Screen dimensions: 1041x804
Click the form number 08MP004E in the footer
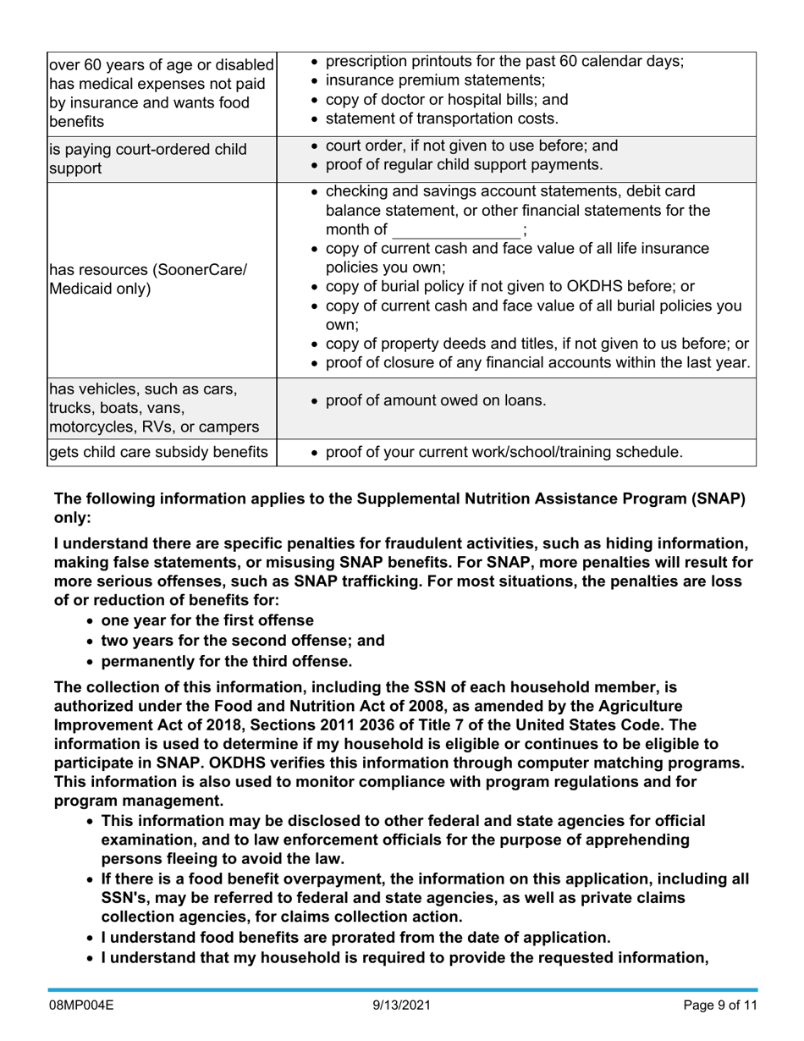coord(80,1005)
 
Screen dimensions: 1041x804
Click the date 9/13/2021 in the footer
coord(402,1005)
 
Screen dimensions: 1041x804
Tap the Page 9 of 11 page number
coord(719,1005)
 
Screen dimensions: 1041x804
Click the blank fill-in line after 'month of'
coord(457,230)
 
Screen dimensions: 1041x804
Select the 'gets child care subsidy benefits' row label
coord(159,452)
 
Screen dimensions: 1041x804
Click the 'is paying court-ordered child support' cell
coord(149,158)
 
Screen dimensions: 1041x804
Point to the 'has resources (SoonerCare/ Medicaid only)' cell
coord(149,279)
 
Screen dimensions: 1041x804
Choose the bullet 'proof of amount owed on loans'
coord(435,400)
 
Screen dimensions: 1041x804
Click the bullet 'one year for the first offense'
coord(207,620)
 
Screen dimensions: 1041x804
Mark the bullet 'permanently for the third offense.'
coord(226,661)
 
